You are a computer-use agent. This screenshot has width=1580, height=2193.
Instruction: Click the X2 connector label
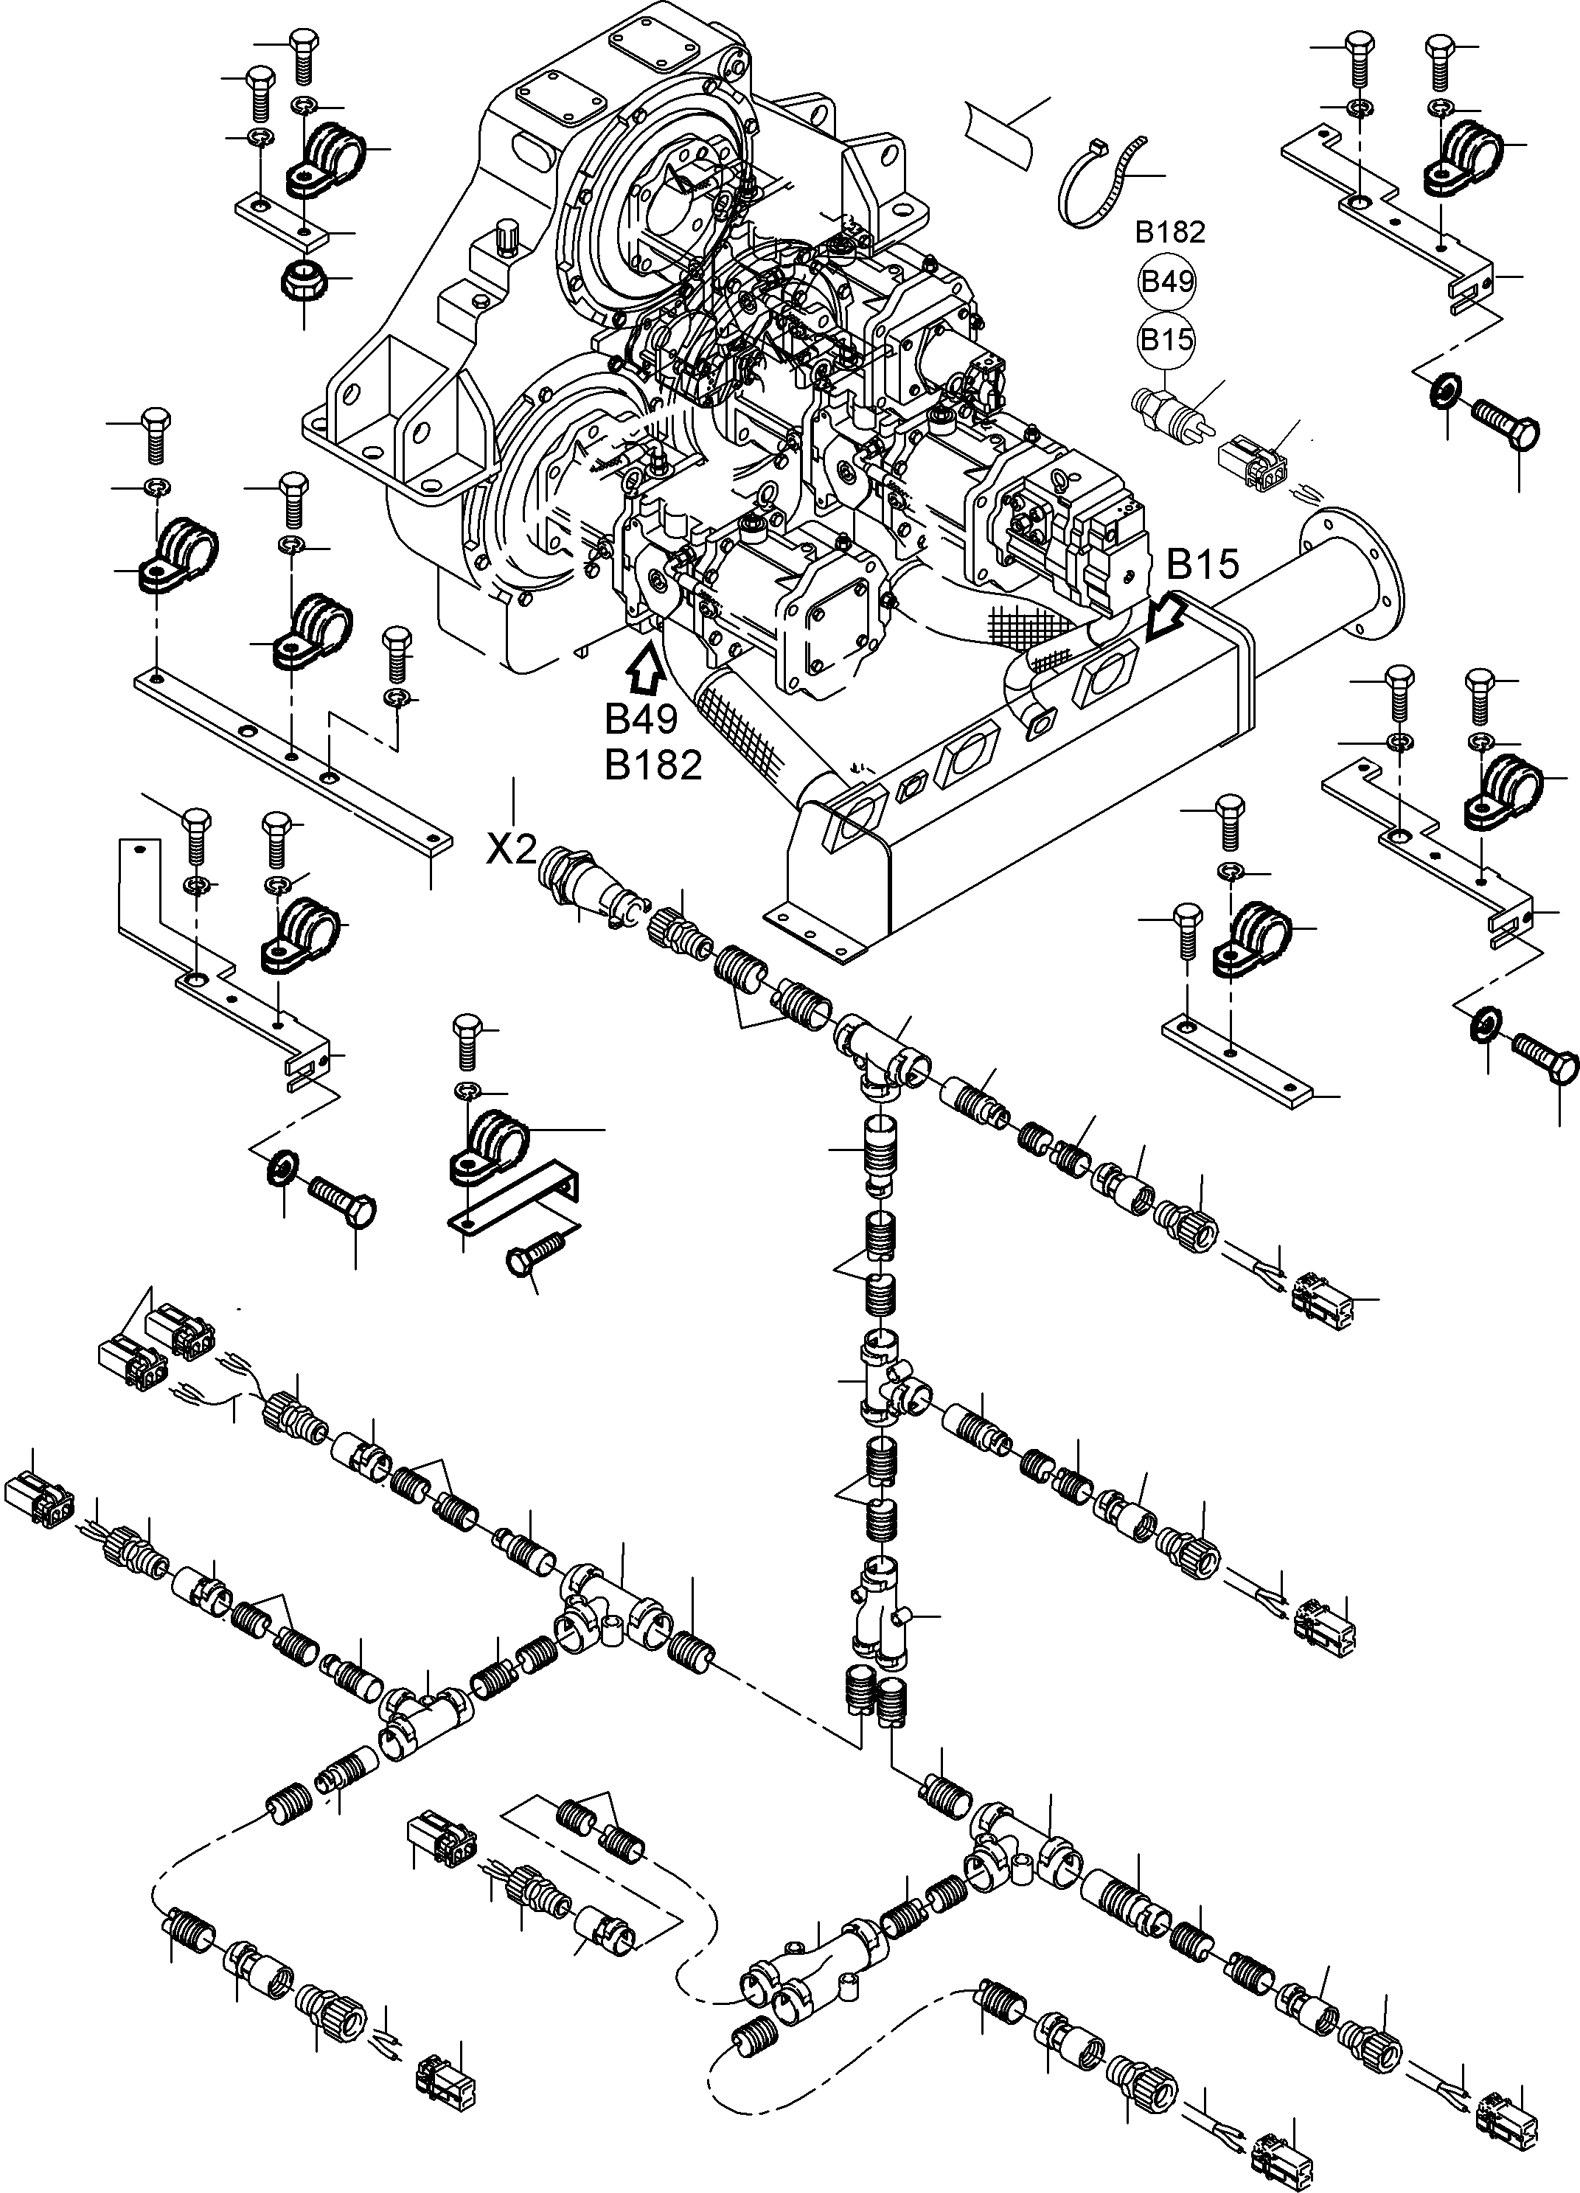(510, 850)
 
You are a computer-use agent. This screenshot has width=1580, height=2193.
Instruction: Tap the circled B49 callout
(1168, 282)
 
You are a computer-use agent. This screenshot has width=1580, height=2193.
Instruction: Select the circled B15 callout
(1167, 339)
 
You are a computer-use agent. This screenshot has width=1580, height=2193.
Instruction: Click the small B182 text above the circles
(1170, 232)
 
